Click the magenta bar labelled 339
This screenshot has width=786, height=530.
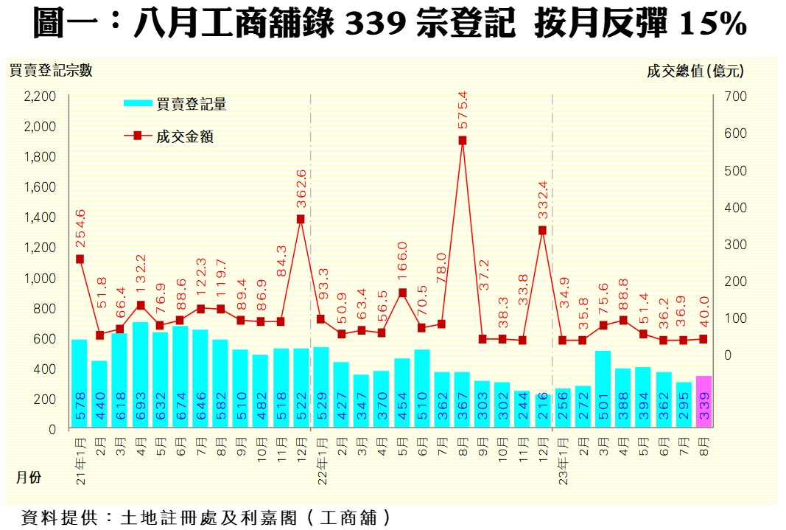[703, 402]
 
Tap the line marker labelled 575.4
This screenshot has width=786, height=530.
[463, 140]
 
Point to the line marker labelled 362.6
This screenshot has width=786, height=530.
[301, 219]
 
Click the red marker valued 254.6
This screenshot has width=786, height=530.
[80, 259]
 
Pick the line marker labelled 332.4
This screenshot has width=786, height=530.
[543, 230]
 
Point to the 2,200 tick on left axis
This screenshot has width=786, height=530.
[41, 97]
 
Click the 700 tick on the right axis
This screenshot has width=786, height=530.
[737, 97]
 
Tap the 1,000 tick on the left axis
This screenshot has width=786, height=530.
[41, 278]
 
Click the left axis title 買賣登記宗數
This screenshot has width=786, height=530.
[51, 71]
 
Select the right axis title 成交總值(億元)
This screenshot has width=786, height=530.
[695, 71]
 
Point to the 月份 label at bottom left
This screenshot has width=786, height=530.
[29, 478]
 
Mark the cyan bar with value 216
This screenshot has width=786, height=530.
[543, 411]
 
